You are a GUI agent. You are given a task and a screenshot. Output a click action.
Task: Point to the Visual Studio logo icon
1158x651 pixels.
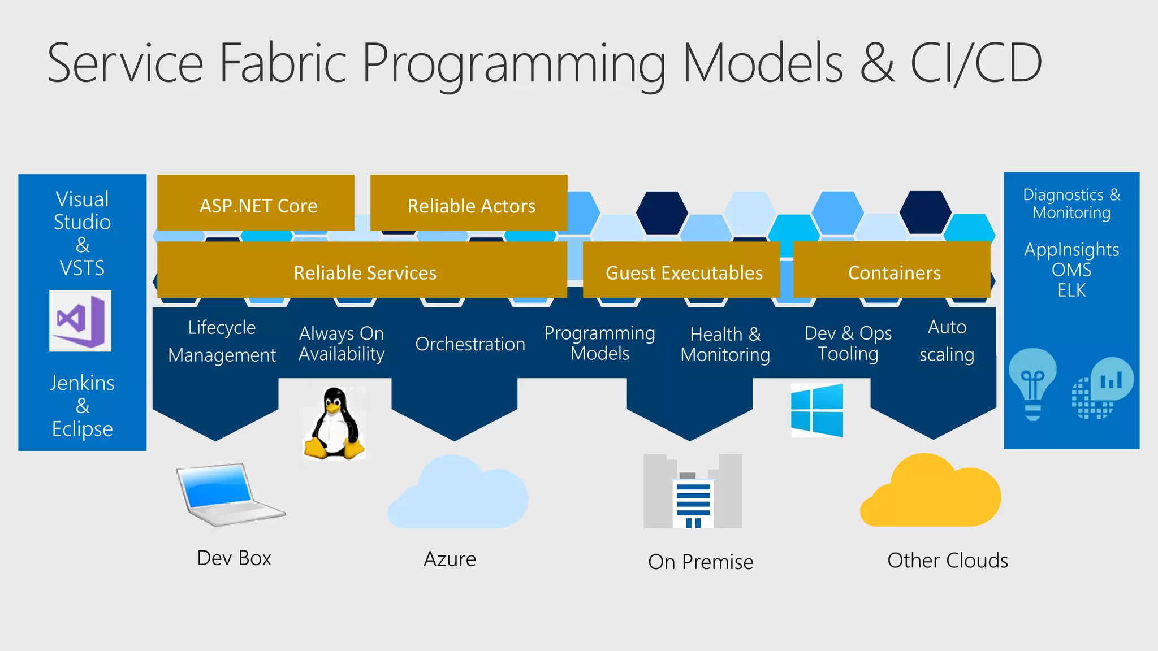(80, 321)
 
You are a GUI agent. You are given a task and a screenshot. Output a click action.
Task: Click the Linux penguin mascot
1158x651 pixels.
(334, 424)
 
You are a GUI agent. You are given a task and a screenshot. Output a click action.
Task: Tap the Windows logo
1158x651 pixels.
(817, 411)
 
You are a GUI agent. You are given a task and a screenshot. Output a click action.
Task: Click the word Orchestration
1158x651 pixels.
(470, 344)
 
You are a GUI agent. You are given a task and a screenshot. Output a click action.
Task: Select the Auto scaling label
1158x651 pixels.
(947, 341)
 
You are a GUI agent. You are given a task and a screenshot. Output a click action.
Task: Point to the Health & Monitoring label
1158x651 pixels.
(725, 344)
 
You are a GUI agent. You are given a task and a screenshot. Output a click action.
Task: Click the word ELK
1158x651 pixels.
(1071, 290)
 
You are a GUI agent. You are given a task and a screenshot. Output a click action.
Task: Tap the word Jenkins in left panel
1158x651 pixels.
(82, 383)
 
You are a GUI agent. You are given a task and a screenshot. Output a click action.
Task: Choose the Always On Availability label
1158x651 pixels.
(342, 343)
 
